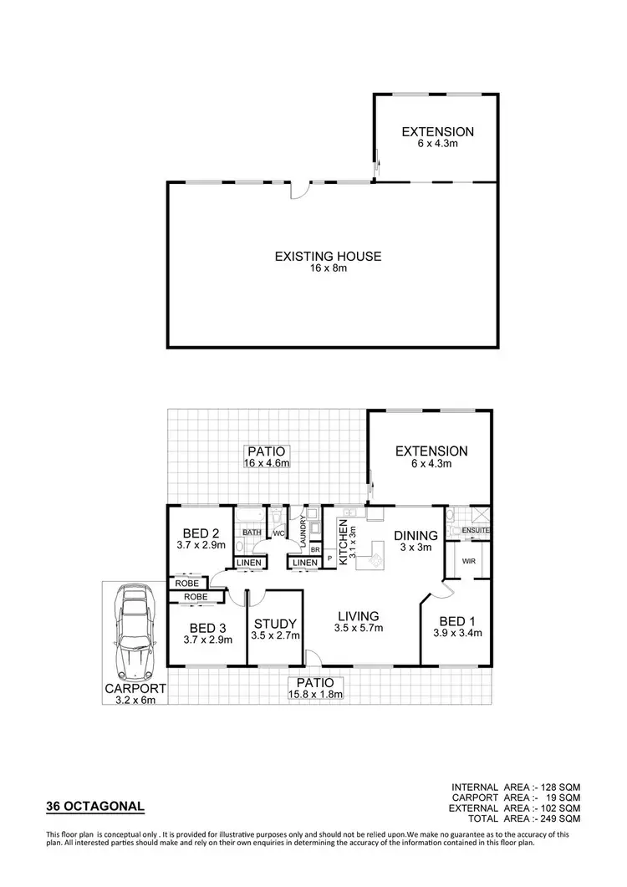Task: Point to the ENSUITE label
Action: pos(474,530)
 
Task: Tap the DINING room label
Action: pos(415,536)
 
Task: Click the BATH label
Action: pos(252,532)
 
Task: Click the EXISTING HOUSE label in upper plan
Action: pos(328,257)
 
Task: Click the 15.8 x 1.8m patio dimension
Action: pos(315,694)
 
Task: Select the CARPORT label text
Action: pos(135,689)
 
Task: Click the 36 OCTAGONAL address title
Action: pos(94,807)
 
